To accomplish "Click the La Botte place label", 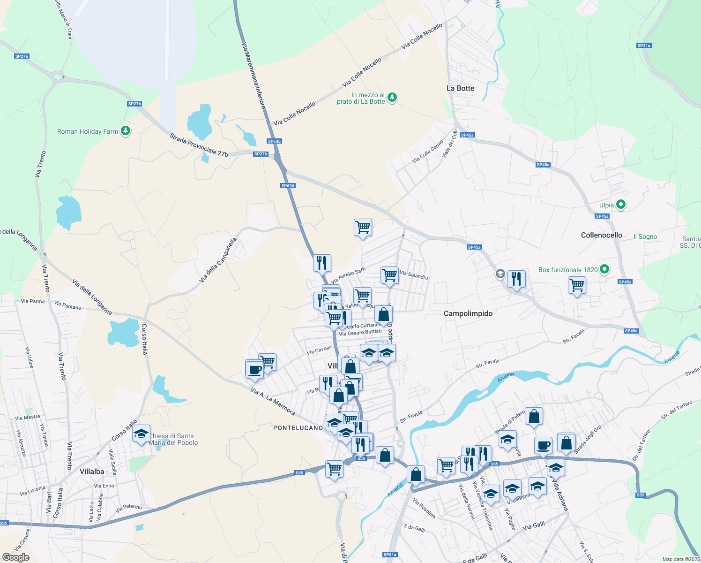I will tap(460, 88).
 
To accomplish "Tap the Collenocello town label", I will tap(601, 235).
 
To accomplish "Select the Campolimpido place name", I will tap(468, 313).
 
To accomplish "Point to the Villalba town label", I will tap(92, 472).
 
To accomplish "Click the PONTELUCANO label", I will tap(298, 428).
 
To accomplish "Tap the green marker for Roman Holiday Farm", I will tap(125, 131).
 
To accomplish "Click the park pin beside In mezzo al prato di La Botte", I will tap(392, 97).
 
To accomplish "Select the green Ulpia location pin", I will tap(620, 205).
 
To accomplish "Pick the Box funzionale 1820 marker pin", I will tap(604, 269).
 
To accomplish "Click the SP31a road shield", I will tap(644, 46).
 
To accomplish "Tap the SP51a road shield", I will tap(390, 555).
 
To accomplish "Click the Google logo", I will tap(15, 557).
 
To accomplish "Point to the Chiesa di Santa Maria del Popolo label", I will tap(173, 439).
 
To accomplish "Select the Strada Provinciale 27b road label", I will tap(199, 145).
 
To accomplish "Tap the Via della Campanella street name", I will tap(218, 260).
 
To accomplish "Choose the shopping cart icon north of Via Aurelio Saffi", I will tap(363, 228).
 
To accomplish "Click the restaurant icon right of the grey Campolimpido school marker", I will tap(516, 279).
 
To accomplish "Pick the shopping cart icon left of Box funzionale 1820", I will tap(577, 285).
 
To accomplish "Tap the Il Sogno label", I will tap(645, 236).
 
